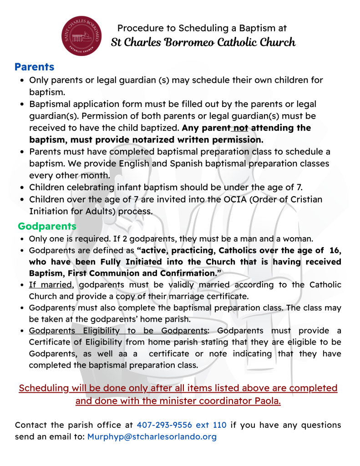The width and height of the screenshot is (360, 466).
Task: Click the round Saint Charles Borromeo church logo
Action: click(x=82, y=35)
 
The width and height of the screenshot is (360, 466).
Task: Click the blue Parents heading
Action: click(x=34, y=67)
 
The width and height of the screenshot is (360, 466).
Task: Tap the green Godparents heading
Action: click(x=47, y=226)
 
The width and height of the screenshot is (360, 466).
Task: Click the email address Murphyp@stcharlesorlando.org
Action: click(x=152, y=437)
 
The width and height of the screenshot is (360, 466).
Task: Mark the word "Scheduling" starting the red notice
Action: click(x=43, y=388)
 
